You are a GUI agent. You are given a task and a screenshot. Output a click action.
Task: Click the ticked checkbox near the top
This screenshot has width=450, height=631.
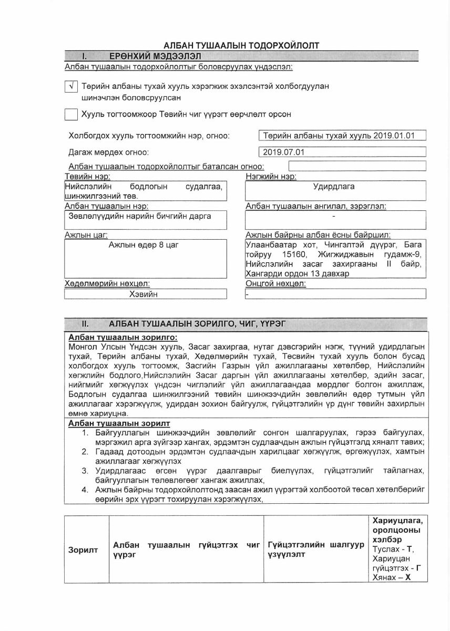[71, 87]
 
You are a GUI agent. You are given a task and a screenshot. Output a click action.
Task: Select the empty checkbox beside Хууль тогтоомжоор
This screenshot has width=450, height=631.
[71, 114]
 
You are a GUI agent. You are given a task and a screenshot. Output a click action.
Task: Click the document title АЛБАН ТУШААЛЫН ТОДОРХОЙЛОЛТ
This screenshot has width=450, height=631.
[241, 46]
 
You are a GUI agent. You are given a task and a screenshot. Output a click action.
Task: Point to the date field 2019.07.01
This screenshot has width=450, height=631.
[342, 152]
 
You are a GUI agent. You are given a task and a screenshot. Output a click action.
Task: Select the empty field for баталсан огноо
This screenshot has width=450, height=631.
[356, 166]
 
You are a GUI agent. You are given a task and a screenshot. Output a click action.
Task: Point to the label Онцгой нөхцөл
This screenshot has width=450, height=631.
[275, 284]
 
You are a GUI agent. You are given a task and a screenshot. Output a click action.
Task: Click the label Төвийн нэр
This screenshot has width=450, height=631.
[87, 176]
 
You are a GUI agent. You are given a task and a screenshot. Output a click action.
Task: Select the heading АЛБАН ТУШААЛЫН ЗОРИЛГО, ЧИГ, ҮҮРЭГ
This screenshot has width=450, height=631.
[197, 324]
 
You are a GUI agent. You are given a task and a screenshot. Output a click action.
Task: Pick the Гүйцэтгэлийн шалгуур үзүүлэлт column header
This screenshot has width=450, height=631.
[315, 549]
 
